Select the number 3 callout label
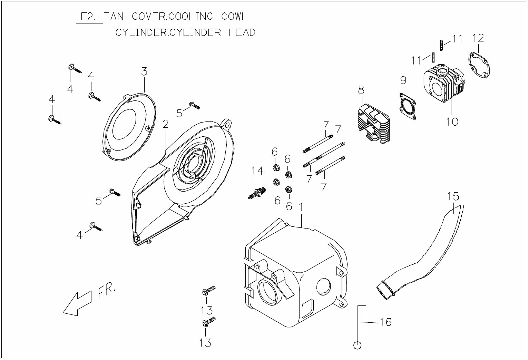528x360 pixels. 144,71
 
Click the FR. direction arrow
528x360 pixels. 77,303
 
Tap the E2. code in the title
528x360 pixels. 88,17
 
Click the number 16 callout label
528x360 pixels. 385,322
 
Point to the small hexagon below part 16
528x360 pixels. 358,345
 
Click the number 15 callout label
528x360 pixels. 453,196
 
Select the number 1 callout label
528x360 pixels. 301,207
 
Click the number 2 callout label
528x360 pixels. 166,124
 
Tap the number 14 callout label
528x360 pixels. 257,171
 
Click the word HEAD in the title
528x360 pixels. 242,32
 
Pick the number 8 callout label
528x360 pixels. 361,90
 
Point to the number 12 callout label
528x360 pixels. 478,38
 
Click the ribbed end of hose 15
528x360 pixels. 384,289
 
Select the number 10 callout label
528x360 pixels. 452,121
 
